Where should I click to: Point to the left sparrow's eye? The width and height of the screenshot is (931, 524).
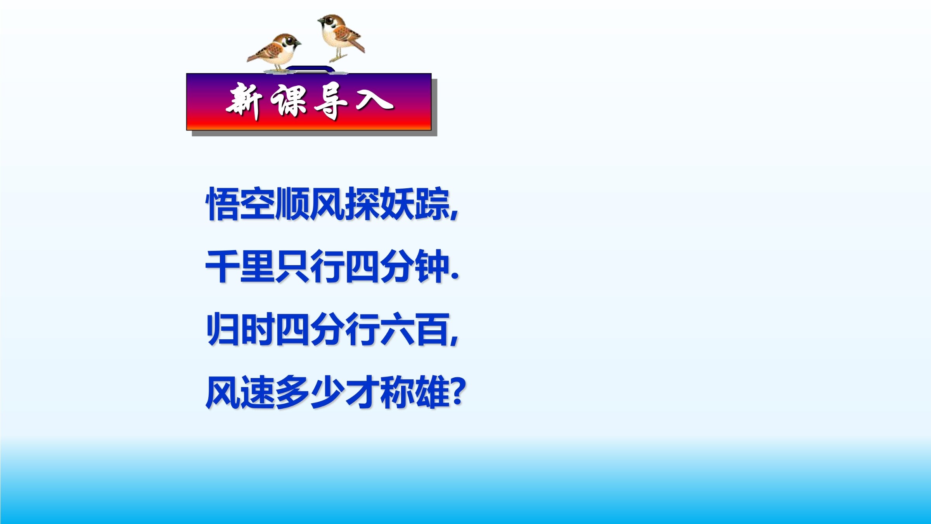289,40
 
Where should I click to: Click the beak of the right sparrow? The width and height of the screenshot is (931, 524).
320,21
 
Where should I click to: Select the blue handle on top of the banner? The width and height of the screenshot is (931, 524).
310,69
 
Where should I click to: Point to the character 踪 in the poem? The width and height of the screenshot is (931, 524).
431,203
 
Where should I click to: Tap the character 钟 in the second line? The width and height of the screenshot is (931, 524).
431,266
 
